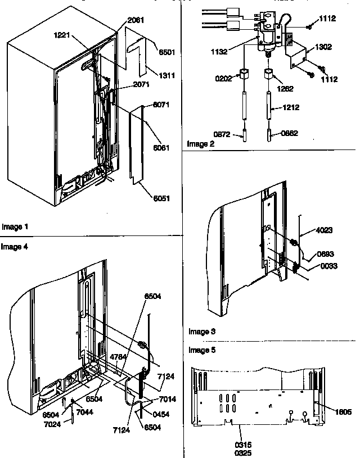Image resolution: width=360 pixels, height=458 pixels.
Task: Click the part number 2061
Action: click(x=136, y=20)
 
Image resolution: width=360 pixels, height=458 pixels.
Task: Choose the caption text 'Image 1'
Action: click(x=15, y=227)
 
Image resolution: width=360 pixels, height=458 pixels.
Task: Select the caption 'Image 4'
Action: click(x=14, y=246)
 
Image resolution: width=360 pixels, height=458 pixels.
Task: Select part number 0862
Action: click(x=289, y=133)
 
